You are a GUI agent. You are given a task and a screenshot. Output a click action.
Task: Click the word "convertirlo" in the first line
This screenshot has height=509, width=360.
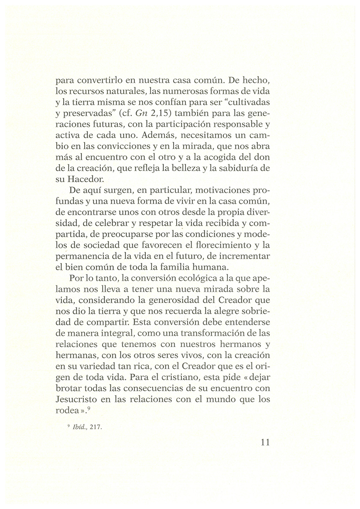tap(99, 81)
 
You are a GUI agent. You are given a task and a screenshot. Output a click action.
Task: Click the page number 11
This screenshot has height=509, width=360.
tap(265, 443)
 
